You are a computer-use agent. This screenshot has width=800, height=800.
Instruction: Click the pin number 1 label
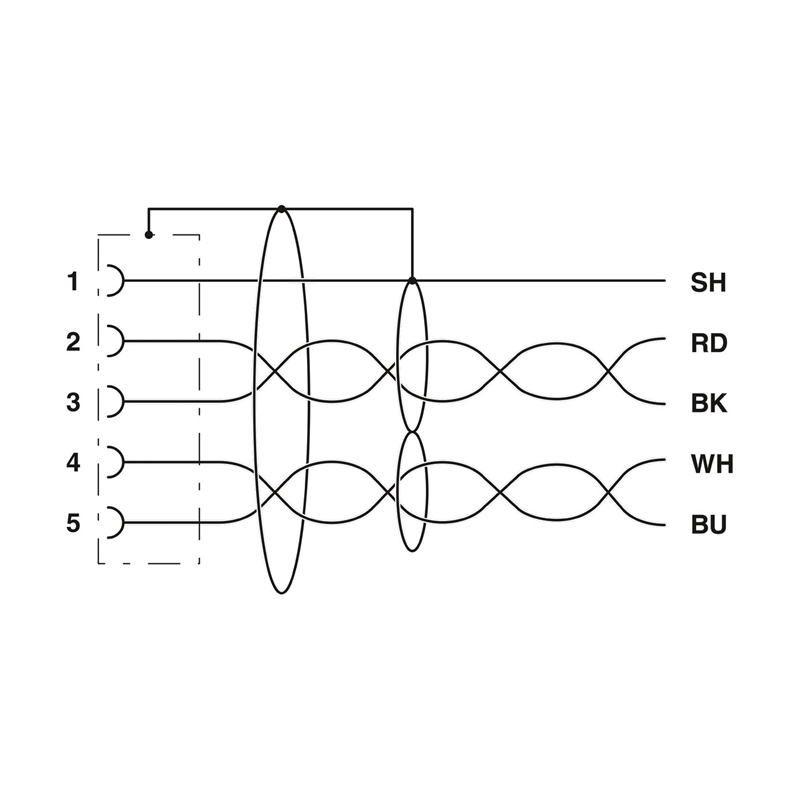click(73, 282)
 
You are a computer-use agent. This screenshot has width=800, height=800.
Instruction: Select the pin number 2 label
click(73, 342)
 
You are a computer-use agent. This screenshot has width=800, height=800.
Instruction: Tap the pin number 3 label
click(73, 402)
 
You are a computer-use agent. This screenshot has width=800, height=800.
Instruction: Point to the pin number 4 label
click(73, 463)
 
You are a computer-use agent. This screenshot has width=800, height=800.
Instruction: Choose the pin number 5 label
click(73, 523)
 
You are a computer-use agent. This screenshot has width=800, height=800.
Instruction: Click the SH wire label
click(708, 282)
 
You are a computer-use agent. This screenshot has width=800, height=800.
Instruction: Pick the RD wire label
click(709, 343)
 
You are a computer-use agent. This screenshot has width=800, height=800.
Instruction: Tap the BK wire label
click(709, 403)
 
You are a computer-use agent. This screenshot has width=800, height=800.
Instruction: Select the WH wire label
click(712, 464)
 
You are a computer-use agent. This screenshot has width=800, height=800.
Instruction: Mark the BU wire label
click(709, 524)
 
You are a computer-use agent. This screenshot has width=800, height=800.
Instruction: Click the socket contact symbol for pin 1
click(122, 281)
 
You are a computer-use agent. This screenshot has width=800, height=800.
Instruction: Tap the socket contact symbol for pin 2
click(122, 341)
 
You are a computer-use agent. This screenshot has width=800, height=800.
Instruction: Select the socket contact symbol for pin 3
click(122, 402)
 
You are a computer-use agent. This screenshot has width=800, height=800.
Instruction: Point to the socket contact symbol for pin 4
click(122, 462)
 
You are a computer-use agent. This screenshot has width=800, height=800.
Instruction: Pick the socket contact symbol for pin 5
click(122, 522)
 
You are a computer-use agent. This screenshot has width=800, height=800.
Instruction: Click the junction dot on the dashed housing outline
click(148, 235)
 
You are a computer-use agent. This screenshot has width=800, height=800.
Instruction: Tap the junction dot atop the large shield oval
click(282, 209)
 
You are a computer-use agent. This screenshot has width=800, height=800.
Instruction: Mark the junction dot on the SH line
click(412, 281)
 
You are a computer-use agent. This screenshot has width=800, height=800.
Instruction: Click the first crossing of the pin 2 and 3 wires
click(276, 371)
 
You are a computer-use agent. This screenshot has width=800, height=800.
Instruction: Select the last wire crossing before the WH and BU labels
click(609, 493)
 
